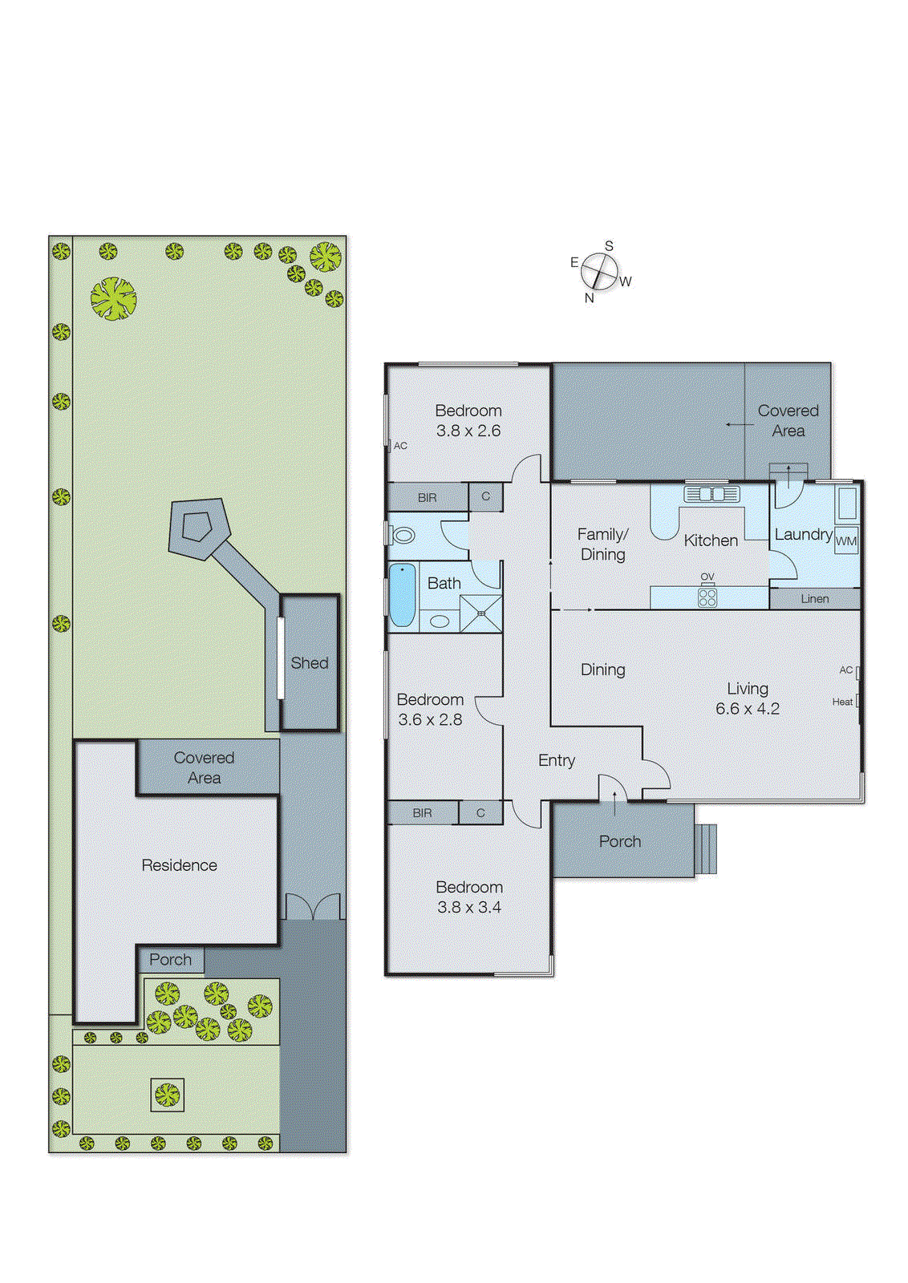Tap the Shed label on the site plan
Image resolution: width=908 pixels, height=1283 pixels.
click(309, 663)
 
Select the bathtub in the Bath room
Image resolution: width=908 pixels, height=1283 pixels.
click(402, 595)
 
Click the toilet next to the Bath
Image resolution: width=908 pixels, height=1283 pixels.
click(403, 535)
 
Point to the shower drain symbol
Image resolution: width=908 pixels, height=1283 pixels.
click(481, 613)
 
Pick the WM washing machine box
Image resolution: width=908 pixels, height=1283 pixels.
click(845, 541)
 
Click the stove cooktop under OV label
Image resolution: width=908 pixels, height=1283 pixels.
click(707, 597)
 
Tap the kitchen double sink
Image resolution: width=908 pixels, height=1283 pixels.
click(711, 494)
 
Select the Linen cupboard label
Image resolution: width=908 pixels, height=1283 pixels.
click(814, 599)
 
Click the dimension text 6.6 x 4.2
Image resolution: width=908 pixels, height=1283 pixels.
click(747, 709)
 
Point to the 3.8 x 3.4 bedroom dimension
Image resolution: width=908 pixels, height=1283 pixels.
click(469, 908)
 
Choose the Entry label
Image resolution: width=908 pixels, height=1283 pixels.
click(557, 760)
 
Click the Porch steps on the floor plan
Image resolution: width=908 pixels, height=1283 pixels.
click(706, 848)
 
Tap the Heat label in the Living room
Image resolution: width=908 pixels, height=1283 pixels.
click(841, 702)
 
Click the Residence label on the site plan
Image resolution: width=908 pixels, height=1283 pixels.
click(179, 865)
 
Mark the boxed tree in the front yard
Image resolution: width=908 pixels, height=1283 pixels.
click(167, 1095)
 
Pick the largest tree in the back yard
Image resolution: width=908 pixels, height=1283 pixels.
click(113, 298)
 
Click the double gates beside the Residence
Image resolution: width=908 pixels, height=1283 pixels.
click(313, 907)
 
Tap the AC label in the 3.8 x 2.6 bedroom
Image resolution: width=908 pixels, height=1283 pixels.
click(400, 446)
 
